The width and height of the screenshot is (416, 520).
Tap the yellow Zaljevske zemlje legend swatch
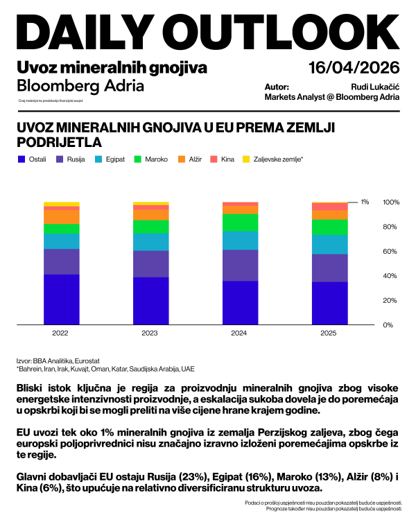pos(246,159)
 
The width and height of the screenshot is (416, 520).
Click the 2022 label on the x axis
pos(60,333)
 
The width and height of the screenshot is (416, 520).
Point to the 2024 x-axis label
pos(239,333)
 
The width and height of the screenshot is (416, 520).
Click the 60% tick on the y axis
pos(390,251)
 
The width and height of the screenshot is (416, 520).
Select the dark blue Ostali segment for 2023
pos(150,300)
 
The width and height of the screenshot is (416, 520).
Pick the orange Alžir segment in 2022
pos(61,216)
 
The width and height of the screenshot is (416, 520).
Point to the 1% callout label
pos(365,202)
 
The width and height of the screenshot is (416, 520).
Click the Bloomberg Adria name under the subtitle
pos(80,86)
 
